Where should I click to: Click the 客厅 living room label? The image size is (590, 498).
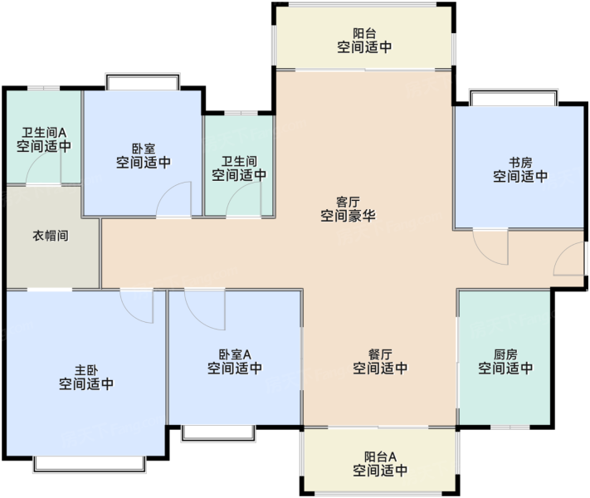[348, 203]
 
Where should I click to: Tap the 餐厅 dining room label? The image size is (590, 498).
[380, 354]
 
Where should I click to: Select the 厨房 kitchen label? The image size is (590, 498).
[505, 354]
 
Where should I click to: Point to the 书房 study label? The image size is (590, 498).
[520, 163]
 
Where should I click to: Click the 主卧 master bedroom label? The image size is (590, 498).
[86, 370]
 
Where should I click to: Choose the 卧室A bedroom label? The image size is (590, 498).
[235, 354]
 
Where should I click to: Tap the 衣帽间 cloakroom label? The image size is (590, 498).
[51, 236]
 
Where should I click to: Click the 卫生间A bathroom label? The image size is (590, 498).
[44, 133]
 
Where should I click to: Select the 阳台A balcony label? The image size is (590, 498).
[380, 456]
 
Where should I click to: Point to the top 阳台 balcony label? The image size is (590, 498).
[364, 33]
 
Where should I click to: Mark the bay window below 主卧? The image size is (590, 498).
[90, 464]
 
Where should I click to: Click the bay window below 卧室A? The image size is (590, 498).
[218, 433]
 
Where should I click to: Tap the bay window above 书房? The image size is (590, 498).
[513, 97]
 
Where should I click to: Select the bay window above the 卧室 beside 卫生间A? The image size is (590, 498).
[143, 81]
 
